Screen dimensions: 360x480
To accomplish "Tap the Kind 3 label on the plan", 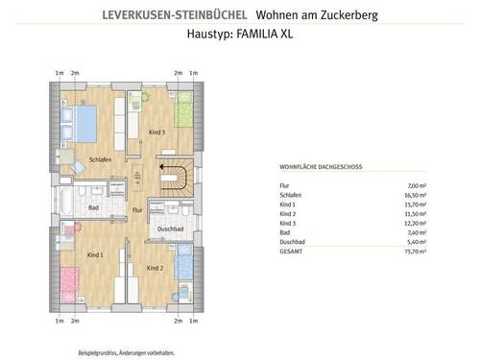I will click(x=157, y=132).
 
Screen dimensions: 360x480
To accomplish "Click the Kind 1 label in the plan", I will click(x=94, y=256).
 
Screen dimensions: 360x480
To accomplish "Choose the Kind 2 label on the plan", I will click(x=156, y=267).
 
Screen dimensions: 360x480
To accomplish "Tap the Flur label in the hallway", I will click(x=136, y=208).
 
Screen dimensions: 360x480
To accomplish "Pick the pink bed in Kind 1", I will click(x=68, y=286).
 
